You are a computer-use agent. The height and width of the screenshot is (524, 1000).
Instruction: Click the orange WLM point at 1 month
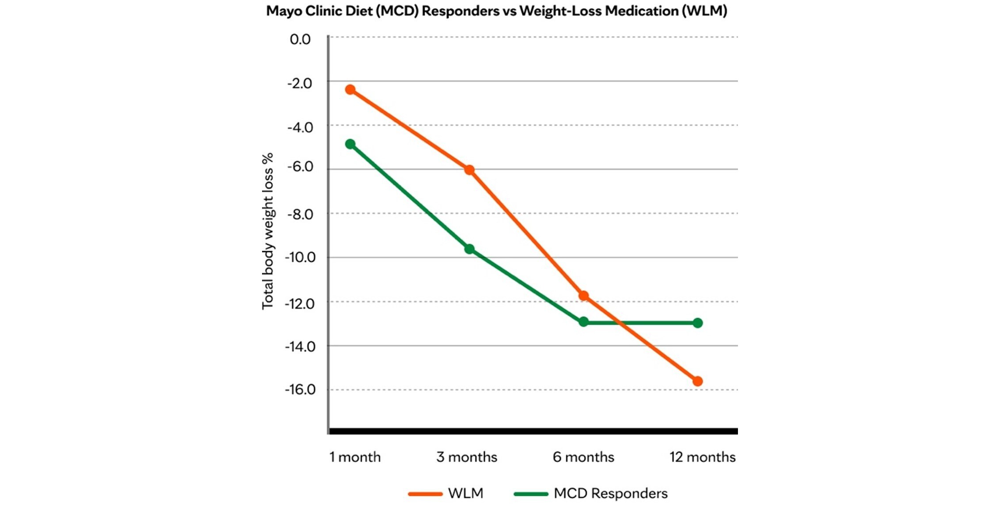click(x=350, y=90)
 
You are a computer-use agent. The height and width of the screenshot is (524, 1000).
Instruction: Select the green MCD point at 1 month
click(x=350, y=144)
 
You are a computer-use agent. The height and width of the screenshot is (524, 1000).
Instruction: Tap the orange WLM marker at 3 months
click(x=469, y=170)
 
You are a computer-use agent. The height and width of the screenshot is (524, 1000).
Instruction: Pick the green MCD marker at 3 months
click(x=469, y=249)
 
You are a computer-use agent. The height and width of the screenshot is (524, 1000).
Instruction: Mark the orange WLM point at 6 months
click(x=583, y=295)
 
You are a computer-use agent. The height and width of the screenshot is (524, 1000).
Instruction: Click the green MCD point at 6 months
click(x=583, y=322)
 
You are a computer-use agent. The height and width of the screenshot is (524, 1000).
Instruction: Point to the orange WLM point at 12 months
click(x=697, y=381)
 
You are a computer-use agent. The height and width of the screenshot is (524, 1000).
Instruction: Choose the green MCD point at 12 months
click(x=697, y=323)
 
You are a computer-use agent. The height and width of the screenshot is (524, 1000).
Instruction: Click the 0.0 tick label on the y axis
click(x=300, y=39)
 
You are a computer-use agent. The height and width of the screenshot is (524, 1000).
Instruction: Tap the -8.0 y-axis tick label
click(x=300, y=214)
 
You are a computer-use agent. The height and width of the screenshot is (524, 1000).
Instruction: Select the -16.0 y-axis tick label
click(x=300, y=390)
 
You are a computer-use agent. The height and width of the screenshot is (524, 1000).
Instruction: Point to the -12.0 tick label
click(x=300, y=304)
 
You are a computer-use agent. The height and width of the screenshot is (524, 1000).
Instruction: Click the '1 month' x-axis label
click(x=355, y=457)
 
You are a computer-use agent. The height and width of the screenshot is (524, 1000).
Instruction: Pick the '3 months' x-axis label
click(x=467, y=457)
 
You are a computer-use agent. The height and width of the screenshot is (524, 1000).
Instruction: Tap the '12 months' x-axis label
click(x=702, y=457)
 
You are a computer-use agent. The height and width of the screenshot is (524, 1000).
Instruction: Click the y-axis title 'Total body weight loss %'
click(x=268, y=231)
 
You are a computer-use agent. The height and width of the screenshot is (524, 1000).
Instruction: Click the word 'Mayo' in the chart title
click(x=284, y=11)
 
